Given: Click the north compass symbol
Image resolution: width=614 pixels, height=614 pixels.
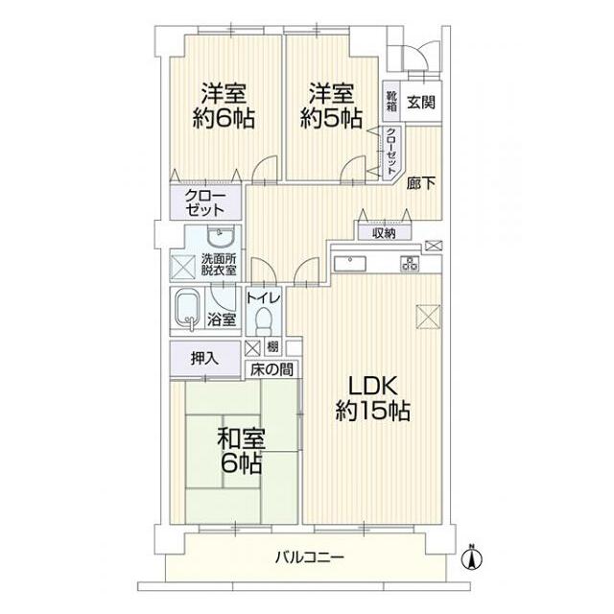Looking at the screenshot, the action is pyautogui.click(x=472, y=557).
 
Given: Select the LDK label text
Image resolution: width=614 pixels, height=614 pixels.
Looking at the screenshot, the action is pyautogui.click(x=373, y=386).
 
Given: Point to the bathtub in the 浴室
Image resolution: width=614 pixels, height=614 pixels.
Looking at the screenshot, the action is pyautogui.click(x=187, y=310).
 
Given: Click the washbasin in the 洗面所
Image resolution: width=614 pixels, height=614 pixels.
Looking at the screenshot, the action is pyautogui.click(x=221, y=236).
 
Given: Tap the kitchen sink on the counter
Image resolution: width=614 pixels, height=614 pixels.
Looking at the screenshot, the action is pyautogui.click(x=349, y=264).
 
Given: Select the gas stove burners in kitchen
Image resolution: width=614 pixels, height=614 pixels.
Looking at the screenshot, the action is pyautogui.click(x=410, y=264).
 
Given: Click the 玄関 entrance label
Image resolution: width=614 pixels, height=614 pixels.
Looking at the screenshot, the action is pyautogui.click(x=421, y=103).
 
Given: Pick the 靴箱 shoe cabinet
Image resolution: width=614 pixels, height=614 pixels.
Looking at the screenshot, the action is pyautogui.click(x=391, y=101).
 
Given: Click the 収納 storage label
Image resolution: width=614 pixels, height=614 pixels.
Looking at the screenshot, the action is pyautogui.click(x=384, y=234).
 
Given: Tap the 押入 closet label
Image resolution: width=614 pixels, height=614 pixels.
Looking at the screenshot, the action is pyautogui.click(x=204, y=358).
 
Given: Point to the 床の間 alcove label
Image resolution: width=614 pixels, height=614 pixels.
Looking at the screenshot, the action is pyautogui.click(x=272, y=369).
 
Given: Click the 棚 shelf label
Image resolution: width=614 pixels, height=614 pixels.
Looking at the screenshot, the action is pyautogui.click(x=272, y=346).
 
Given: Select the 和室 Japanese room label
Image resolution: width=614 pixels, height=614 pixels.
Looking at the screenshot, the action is pyautogui.click(x=242, y=439).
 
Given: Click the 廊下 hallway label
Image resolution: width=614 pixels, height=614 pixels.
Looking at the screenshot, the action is pyautogui.click(x=420, y=183).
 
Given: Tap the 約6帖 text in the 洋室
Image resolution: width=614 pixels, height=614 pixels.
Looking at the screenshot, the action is pyautogui.click(x=224, y=118).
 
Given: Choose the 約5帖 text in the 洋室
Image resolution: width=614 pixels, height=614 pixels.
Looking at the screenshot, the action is pyautogui.click(x=331, y=118).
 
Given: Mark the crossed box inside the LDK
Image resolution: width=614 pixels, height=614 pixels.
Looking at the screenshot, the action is pyautogui.click(x=428, y=317).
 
